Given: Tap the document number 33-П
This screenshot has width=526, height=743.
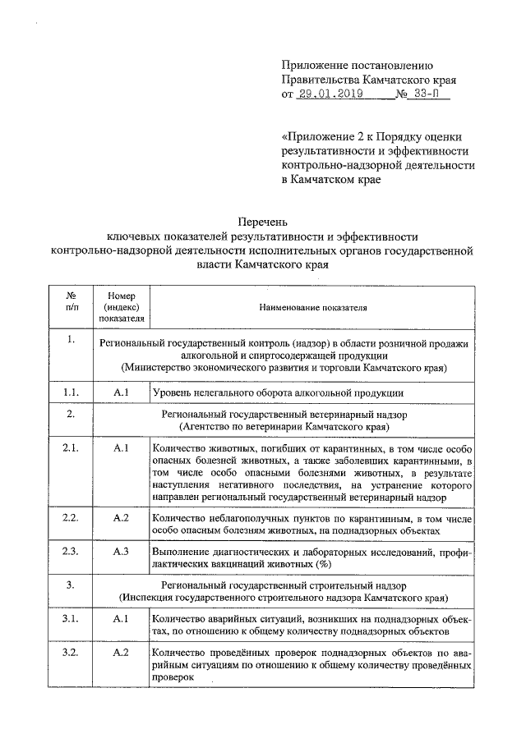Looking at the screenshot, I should tap(428, 95).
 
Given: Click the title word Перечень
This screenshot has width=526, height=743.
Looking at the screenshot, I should tap(263, 222).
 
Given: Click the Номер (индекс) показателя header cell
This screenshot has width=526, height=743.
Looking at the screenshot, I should tap(122, 307).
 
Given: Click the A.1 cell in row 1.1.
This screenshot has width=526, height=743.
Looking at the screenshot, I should tap(122, 393).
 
